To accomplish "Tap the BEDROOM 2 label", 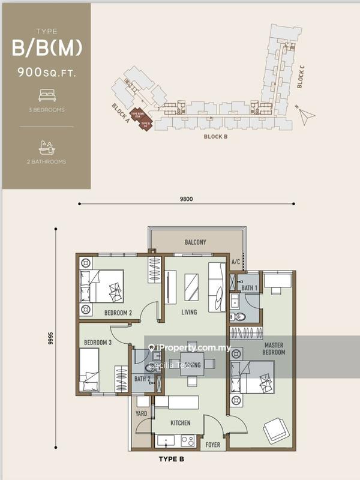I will coord(118,313).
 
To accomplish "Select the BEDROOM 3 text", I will coord(98,343).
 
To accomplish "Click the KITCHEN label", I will coord(180,423).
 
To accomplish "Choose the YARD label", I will coord(142,413).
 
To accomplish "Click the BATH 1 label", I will coord(250,287).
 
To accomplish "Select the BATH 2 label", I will coord(142,379).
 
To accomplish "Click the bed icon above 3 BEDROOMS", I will coord(46,95).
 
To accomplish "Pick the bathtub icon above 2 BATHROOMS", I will coord(46,146).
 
